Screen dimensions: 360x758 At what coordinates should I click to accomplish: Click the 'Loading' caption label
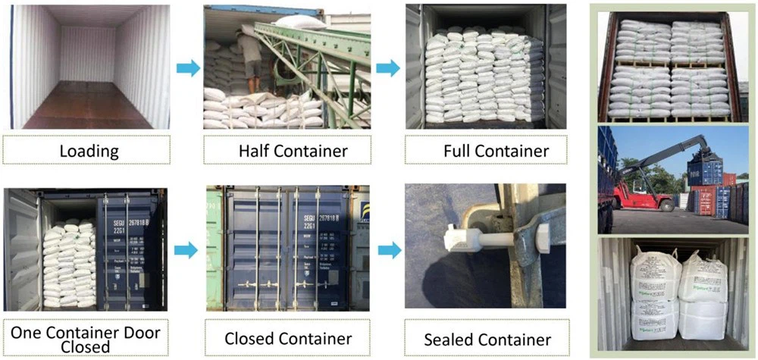89,150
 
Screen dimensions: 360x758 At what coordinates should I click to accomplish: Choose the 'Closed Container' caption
288,338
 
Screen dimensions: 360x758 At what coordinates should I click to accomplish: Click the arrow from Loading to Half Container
187,68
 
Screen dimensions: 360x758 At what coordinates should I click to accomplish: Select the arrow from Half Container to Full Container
387,68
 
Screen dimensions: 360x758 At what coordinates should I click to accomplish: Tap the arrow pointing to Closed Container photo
185,250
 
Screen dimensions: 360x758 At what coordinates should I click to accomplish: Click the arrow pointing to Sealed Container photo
387,250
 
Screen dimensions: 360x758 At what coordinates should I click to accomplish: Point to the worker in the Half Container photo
250,61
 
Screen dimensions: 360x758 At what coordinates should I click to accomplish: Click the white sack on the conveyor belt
303,22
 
